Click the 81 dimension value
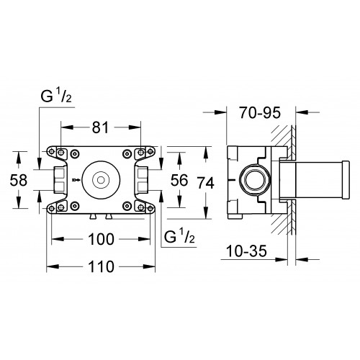point(101,127)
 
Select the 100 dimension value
point(101,239)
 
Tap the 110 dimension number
point(101,266)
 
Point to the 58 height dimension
point(19,180)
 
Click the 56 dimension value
point(179,180)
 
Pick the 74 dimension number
point(206,183)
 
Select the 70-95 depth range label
point(260,112)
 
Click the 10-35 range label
point(246,251)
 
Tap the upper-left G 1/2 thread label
point(56,96)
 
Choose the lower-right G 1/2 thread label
point(179,236)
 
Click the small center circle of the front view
point(101,180)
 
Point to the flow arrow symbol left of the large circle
point(75,179)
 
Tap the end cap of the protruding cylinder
point(346,179)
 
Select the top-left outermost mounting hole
point(51,151)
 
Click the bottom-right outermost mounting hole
point(150,208)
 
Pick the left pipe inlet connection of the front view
point(59,180)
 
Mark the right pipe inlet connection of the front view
point(143,180)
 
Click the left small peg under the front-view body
point(93,217)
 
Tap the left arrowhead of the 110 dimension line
point(53,266)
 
